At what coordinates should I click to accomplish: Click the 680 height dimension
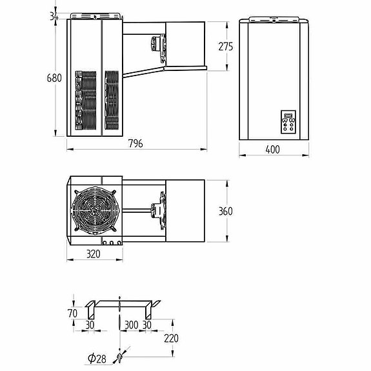54,78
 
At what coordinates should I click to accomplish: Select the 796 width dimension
135,143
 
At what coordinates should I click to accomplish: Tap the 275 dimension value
225,46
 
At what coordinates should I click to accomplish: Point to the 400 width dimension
272,150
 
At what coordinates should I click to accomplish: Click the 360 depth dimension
225,212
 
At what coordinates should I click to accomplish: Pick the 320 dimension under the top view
94,254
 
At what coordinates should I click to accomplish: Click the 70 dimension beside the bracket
72,314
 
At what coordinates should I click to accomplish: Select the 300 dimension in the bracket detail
131,325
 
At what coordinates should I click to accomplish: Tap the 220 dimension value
171,338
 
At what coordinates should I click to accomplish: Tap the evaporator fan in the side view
155,43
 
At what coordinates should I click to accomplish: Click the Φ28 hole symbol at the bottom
119,356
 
